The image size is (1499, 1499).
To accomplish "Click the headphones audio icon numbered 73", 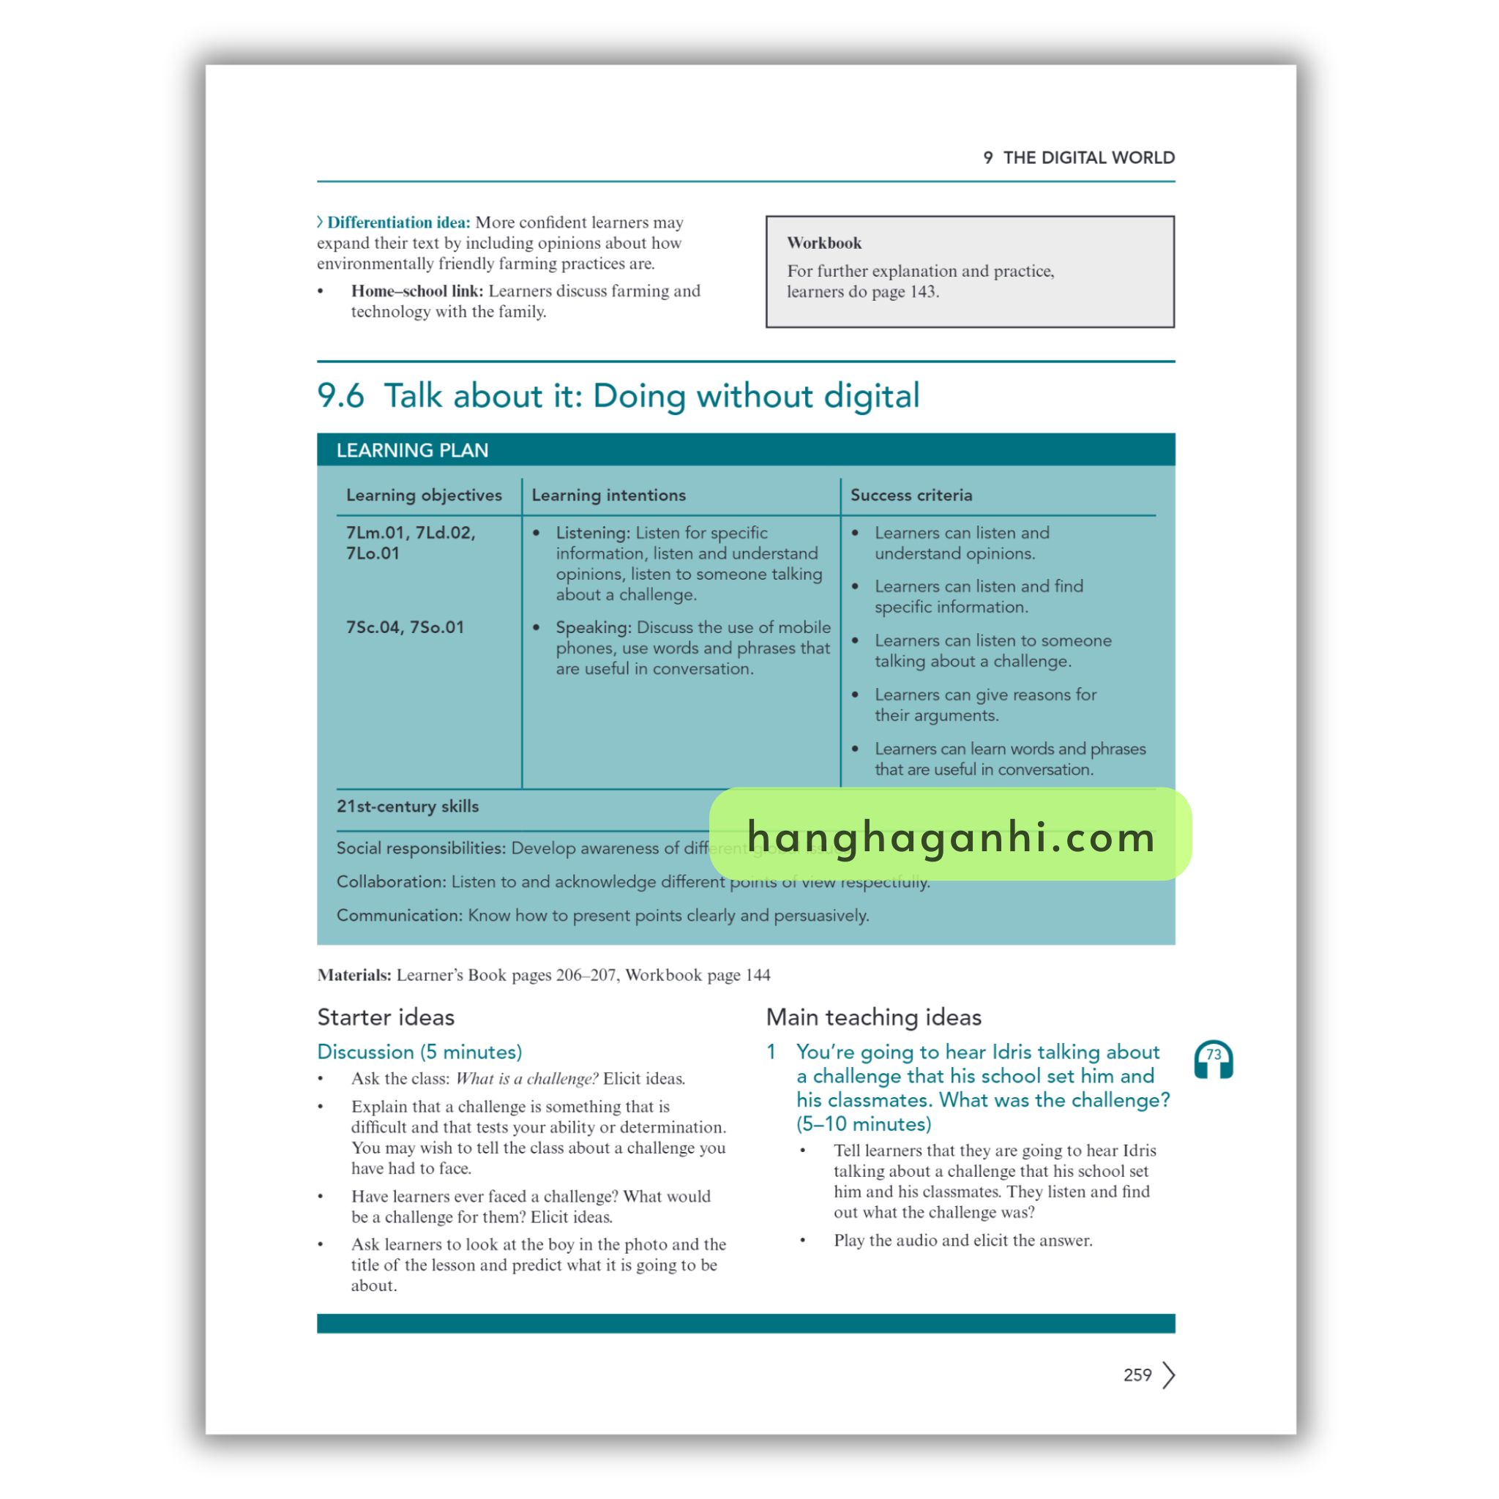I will tap(1214, 1060).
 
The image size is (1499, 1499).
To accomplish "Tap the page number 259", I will tap(1137, 1375).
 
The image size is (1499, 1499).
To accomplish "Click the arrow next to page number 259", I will tap(1169, 1375).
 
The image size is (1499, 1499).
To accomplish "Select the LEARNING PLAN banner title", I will tap(412, 451).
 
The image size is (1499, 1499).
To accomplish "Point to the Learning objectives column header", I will tap(424, 495).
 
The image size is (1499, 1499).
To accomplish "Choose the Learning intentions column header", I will tap(608, 495).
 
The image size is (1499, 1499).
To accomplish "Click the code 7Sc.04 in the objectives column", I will tap(374, 627).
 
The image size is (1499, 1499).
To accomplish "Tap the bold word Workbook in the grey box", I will tap(824, 243).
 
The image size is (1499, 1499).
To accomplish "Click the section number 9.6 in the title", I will tap(340, 396).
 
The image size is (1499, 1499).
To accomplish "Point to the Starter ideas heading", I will tap(386, 1017).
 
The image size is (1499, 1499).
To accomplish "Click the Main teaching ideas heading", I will tap(874, 1017).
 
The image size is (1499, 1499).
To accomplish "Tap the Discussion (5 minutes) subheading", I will tap(419, 1052).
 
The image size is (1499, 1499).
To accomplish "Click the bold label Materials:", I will tap(354, 975).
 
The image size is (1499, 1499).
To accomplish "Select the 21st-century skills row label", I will tap(408, 806).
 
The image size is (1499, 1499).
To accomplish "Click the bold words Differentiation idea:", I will tap(398, 223).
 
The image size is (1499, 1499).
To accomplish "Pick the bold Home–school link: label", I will tap(416, 291).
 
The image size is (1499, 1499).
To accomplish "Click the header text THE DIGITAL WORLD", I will tap(1088, 157).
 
